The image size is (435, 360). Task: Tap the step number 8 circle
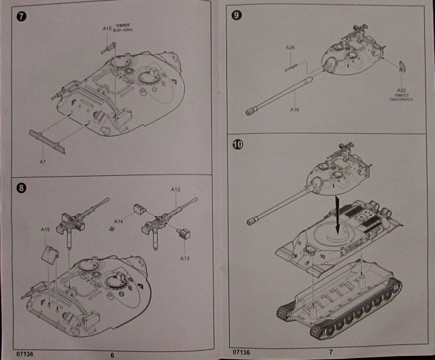(x=20, y=187)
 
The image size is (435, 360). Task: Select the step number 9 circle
(x=237, y=14)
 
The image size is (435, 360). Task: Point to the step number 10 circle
(x=237, y=144)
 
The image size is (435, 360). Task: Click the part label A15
(x=107, y=29)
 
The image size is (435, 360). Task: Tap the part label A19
(x=44, y=230)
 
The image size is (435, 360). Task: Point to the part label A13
(x=184, y=258)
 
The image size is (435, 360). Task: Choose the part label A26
(x=290, y=48)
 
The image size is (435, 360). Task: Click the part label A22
(x=400, y=91)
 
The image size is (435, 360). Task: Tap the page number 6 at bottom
(x=112, y=353)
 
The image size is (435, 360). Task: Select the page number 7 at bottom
(x=330, y=351)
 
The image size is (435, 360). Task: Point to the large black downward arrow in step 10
(x=338, y=209)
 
